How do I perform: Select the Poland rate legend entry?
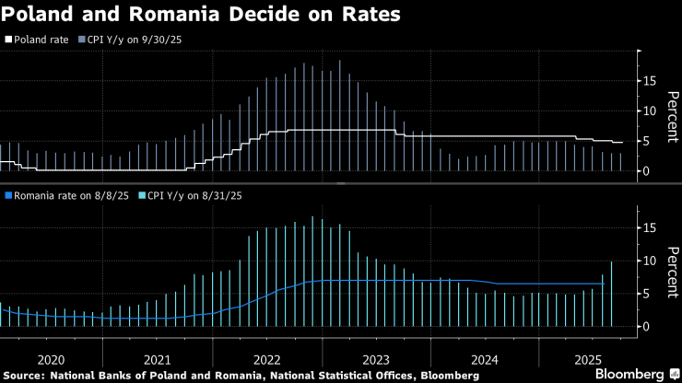(x=41, y=40)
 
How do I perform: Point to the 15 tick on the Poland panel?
(x=649, y=81)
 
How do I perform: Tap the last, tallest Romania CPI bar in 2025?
(x=611, y=294)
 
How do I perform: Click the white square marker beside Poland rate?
(x=8, y=40)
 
